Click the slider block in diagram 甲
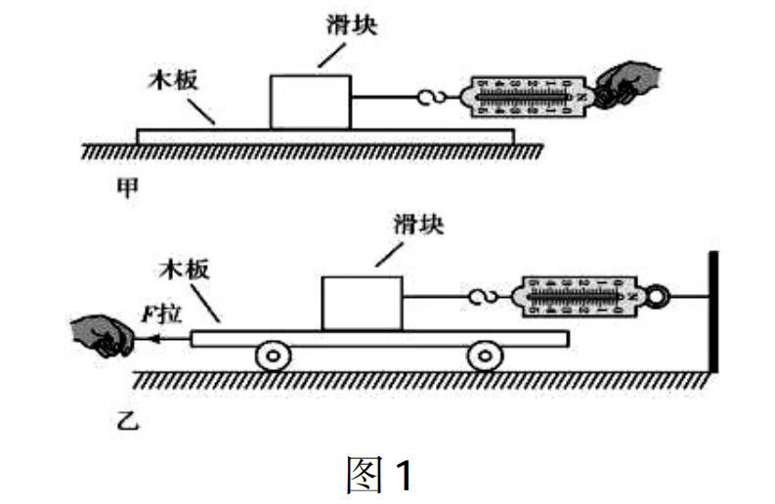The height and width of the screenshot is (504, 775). coord(309,101)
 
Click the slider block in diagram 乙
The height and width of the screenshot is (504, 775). coord(362,303)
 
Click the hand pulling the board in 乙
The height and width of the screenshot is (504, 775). coord(102,336)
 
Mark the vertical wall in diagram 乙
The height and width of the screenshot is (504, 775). coord(714,313)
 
